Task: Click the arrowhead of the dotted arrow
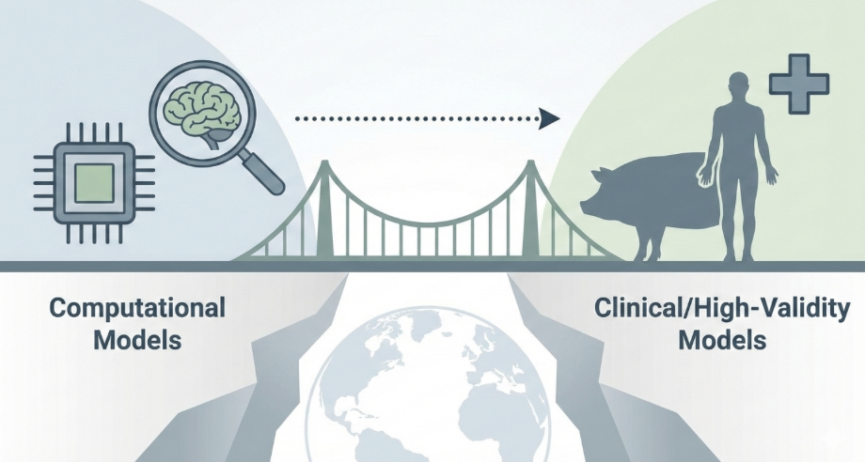pyautogui.click(x=549, y=118)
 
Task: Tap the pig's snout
pyautogui.click(x=586, y=204)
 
